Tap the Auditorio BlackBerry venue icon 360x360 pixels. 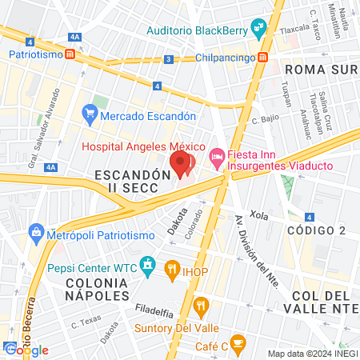tap(258, 30)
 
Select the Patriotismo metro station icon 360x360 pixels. tap(71, 54)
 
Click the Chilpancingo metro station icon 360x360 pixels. tap(262, 58)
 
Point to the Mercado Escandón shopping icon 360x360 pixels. tap(90, 116)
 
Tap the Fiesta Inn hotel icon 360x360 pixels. tap(215, 160)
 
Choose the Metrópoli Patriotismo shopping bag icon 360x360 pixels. tap(36, 233)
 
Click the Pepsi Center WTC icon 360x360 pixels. tap(147, 263)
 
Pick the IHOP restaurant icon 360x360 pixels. tap(171, 268)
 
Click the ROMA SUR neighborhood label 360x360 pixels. tap(320, 69)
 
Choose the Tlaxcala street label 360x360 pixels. tap(295, 27)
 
